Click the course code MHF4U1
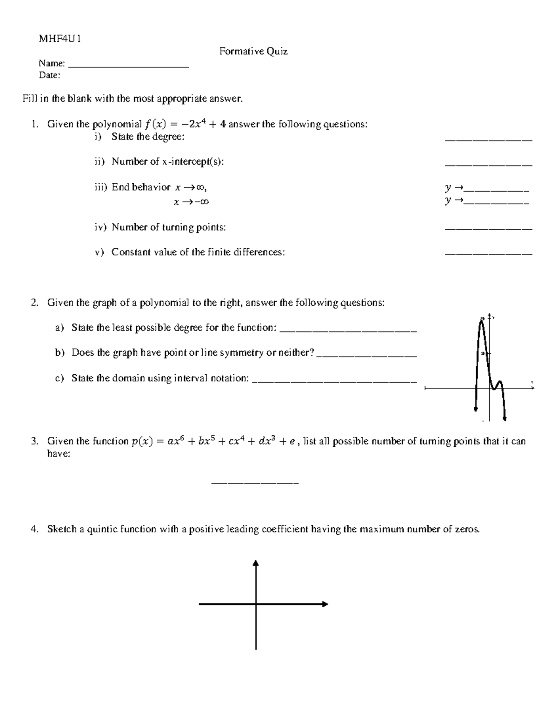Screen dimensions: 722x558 pos(60,39)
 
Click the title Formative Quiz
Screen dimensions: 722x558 pos(253,51)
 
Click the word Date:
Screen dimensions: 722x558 pos(49,75)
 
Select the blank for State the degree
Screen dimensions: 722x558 pos(488,139)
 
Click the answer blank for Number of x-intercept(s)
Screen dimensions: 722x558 pos(488,165)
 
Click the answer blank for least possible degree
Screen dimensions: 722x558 pos(349,331)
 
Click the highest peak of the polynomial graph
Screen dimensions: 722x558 pos(482,320)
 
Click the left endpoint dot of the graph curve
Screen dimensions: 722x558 pos(475,409)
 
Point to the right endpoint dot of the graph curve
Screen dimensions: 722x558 pos(505,419)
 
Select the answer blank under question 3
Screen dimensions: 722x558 pos(255,484)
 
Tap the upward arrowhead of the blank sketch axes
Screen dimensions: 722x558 pos(255,563)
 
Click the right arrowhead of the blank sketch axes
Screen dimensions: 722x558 pos(325,604)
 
